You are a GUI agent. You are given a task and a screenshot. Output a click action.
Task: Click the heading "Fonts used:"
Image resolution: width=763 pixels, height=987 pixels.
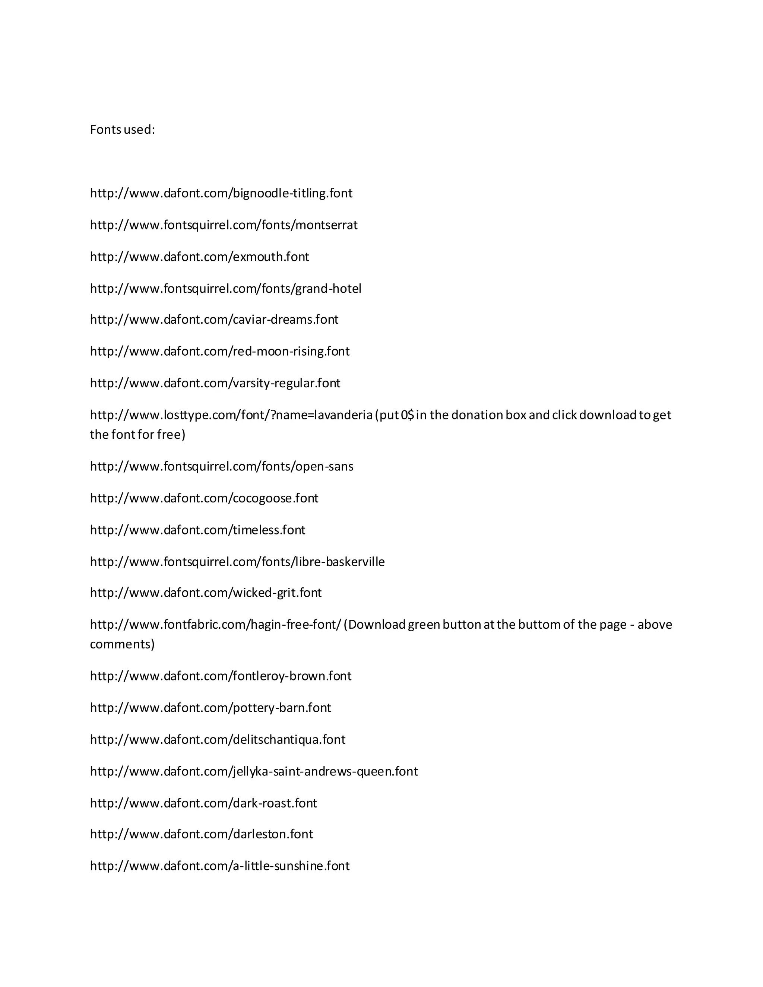pyautogui.click(x=122, y=130)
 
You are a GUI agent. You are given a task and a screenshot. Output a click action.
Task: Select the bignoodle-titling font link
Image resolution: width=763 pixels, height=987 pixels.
pyautogui.click(x=221, y=193)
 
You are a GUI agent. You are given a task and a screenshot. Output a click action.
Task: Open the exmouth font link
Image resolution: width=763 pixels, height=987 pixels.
pyautogui.click(x=199, y=257)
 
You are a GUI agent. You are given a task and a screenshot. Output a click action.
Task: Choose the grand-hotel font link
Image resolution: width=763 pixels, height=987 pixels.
pyautogui.click(x=225, y=288)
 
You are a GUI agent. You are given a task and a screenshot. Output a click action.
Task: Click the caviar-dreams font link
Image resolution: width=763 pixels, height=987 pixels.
pyautogui.click(x=214, y=320)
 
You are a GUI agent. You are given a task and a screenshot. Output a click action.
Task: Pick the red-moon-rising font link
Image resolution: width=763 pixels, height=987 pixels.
pyautogui.click(x=220, y=351)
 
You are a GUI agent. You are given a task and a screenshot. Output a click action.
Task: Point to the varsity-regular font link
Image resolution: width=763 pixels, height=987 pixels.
pyautogui.click(x=215, y=383)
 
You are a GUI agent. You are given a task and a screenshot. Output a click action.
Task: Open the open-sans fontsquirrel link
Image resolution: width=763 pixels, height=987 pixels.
pyautogui.click(x=222, y=466)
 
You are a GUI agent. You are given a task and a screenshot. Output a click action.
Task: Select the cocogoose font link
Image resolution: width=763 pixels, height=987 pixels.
pyautogui.click(x=204, y=498)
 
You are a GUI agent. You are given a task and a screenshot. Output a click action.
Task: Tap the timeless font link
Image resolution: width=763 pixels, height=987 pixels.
pyautogui.click(x=197, y=530)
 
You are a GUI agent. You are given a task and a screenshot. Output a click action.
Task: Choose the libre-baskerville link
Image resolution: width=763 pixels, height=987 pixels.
pyautogui.click(x=237, y=562)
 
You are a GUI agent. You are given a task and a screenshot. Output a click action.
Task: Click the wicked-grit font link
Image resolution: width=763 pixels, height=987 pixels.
pyautogui.click(x=206, y=593)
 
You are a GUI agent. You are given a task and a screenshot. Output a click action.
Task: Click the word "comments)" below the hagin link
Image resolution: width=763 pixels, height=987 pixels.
pyautogui.click(x=122, y=644)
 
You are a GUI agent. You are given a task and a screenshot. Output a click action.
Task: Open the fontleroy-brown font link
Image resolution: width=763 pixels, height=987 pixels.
pyautogui.click(x=221, y=676)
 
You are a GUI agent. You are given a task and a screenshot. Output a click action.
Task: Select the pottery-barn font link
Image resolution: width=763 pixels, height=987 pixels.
pyautogui.click(x=210, y=708)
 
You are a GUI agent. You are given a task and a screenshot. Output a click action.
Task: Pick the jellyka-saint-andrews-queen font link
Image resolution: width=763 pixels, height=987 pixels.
pyautogui.click(x=254, y=771)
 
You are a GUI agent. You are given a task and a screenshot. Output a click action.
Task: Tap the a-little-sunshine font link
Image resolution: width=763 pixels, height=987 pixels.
pyautogui.click(x=220, y=866)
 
